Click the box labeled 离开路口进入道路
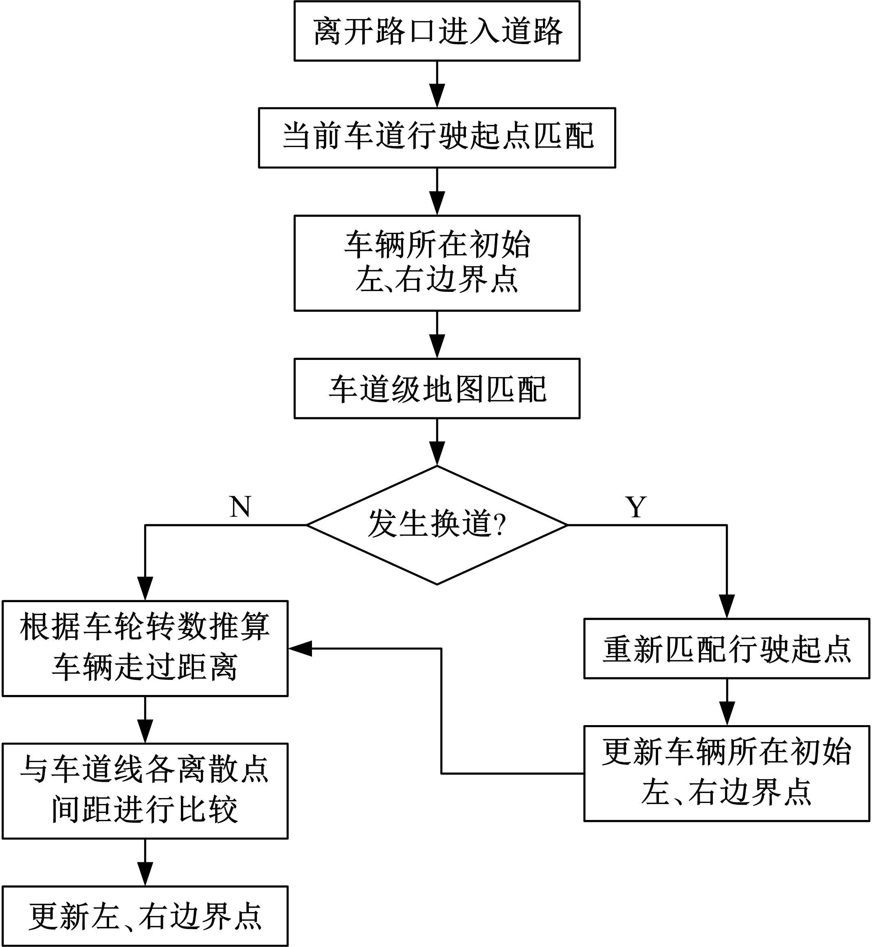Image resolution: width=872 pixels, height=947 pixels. [x=437, y=31]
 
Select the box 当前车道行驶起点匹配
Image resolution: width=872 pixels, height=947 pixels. [x=437, y=138]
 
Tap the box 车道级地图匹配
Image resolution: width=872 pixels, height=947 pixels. [x=437, y=388]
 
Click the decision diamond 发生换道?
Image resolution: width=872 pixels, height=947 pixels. [x=437, y=525]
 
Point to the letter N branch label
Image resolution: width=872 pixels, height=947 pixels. [x=240, y=507]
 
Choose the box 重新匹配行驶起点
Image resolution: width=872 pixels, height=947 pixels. [x=727, y=649]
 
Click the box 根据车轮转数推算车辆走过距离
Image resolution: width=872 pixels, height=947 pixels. [x=145, y=648]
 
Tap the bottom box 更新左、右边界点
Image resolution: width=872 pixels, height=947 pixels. [x=145, y=916]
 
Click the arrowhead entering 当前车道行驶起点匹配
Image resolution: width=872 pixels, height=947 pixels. [x=437, y=98]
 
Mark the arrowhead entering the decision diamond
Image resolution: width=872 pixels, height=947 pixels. [x=437, y=456]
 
